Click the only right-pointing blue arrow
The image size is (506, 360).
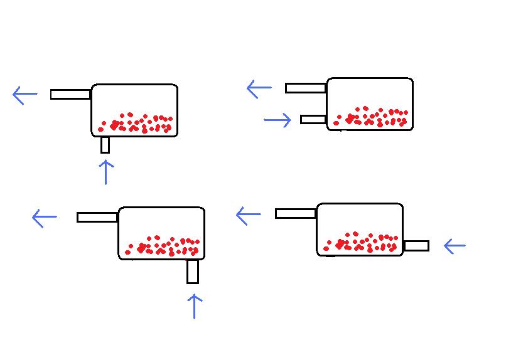277,119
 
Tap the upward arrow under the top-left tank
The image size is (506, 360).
106,172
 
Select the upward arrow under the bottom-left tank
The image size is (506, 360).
195,307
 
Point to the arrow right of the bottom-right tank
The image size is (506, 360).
455,246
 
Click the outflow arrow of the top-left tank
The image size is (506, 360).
25,95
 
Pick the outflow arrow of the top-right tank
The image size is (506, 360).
259,88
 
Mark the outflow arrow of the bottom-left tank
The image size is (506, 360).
44,218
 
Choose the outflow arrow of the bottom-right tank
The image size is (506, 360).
248,216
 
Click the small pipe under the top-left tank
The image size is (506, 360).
105,145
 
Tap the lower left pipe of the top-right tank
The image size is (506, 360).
313,119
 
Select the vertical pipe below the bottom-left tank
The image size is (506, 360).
193,272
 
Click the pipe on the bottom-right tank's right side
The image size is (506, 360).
416,246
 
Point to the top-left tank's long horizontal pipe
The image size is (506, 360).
70,94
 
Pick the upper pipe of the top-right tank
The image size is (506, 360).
306,88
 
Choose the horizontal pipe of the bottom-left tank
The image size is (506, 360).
97,217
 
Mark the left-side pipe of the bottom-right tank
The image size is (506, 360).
296,214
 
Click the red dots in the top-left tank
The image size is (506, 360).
136,124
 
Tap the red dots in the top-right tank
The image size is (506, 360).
372,117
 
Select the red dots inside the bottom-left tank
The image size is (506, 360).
163,246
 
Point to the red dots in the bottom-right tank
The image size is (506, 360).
362,242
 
